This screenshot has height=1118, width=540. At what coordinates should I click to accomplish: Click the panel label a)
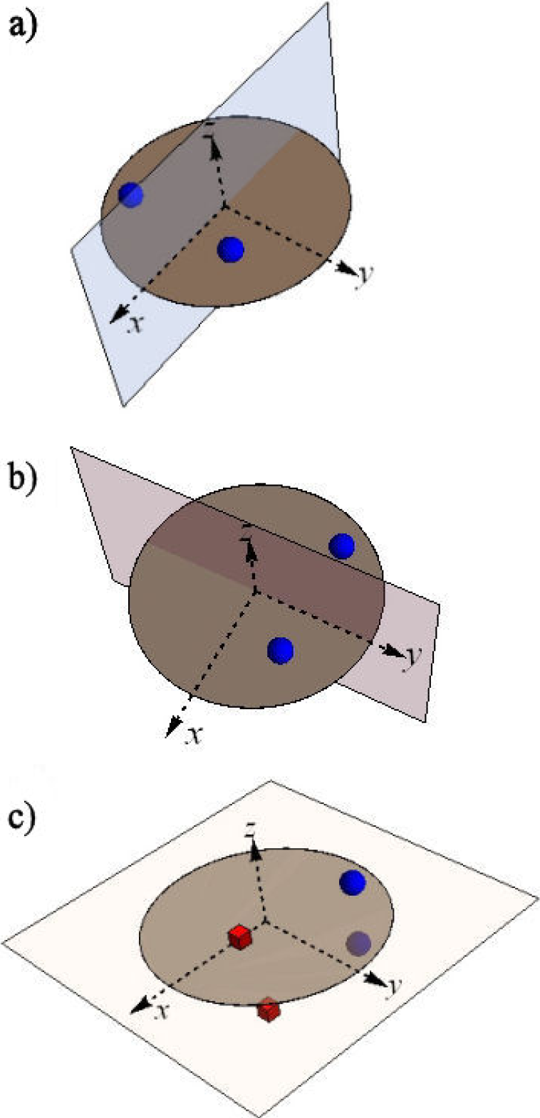pyautogui.click(x=25, y=29)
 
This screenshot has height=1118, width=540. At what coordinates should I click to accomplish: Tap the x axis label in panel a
pyautogui.click(x=134, y=325)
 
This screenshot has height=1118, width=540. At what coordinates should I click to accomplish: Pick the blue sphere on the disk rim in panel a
pyautogui.click(x=131, y=194)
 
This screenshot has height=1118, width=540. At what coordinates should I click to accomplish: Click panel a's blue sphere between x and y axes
pyautogui.click(x=230, y=249)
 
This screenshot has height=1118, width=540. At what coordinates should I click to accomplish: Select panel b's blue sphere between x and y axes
pyautogui.click(x=281, y=649)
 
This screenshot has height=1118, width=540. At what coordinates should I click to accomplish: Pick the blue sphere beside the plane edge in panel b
pyautogui.click(x=342, y=545)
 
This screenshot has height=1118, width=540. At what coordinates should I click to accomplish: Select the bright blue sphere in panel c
pyautogui.click(x=353, y=883)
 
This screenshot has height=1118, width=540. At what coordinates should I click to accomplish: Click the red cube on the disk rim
pyautogui.click(x=269, y=1010)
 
